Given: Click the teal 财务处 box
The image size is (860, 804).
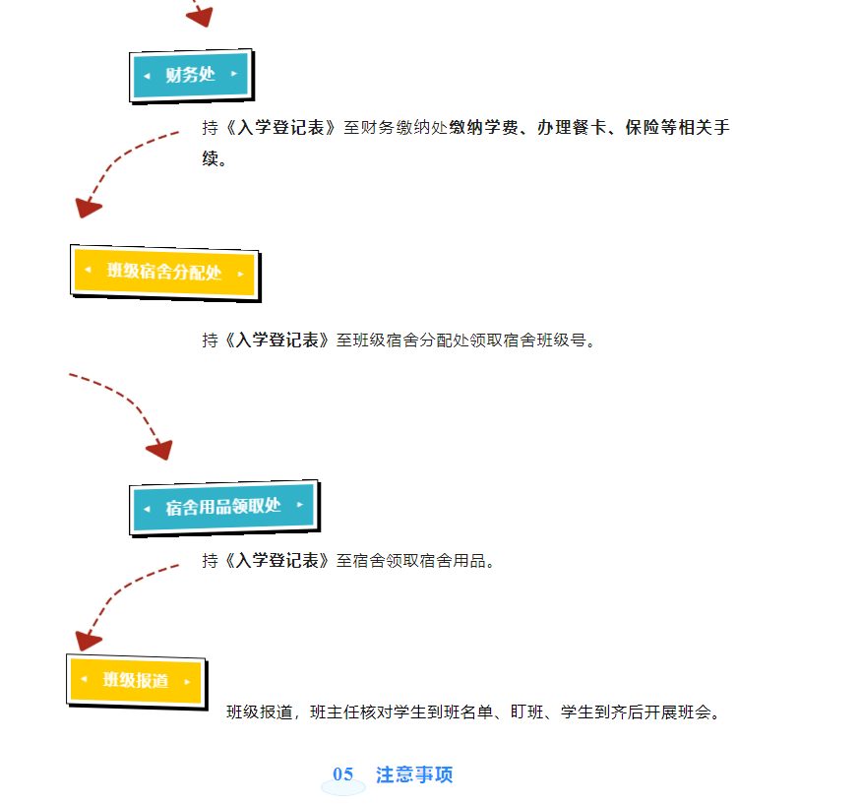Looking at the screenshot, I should click(x=190, y=75).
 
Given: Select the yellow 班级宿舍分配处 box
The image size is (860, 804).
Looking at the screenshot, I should click(x=164, y=271).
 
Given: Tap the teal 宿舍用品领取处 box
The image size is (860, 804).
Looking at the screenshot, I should click(x=223, y=507).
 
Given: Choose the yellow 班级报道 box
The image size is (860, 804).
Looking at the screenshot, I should click(x=136, y=681).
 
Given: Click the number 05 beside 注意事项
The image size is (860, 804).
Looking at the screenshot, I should click(x=342, y=774).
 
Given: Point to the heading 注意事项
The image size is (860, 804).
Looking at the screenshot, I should click(x=414, y=774).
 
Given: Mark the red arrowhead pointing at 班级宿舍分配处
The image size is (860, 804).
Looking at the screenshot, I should click(x=88, y=207).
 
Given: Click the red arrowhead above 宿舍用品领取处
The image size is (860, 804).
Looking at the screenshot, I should click(x=159, y=449).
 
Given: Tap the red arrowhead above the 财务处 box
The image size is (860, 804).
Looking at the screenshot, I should click(x=200, y=15).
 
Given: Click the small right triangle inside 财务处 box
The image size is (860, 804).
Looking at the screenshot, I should click(x=234, y=74).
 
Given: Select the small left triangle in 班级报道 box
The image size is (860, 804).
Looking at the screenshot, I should click(x=85, y=680).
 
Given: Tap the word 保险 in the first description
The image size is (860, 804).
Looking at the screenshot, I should click(x=641, y=128).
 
